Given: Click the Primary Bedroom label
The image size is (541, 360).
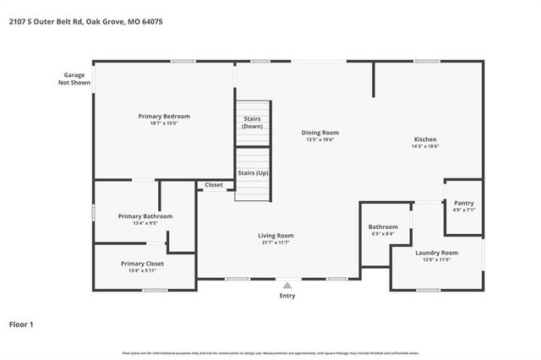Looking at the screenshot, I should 164,116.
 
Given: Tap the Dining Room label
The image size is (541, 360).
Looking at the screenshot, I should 320,133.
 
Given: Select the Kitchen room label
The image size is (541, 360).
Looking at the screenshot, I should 424,139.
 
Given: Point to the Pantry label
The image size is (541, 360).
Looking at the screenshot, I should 463,203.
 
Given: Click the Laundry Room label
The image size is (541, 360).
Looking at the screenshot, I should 436,253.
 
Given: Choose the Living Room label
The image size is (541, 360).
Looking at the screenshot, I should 276,236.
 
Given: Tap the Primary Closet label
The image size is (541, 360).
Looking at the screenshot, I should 142,264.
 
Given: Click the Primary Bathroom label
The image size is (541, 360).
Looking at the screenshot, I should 146,216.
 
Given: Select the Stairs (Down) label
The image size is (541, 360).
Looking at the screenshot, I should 252,123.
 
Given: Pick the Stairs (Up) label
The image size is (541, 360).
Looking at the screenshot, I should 252,172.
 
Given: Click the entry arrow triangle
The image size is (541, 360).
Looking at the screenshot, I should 287,285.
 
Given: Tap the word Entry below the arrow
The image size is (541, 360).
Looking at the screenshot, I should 287,296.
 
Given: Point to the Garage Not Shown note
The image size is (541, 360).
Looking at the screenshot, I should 74,79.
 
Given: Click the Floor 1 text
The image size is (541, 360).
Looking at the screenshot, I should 21,324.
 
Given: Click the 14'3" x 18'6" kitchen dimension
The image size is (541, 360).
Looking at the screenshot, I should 424,146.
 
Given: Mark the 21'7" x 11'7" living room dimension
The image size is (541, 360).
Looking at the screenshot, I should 276,243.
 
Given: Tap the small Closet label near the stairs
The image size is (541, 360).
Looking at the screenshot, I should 214,184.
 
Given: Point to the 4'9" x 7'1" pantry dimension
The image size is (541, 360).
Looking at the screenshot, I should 463,210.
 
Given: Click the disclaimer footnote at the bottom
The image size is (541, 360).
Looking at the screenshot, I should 270,352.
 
